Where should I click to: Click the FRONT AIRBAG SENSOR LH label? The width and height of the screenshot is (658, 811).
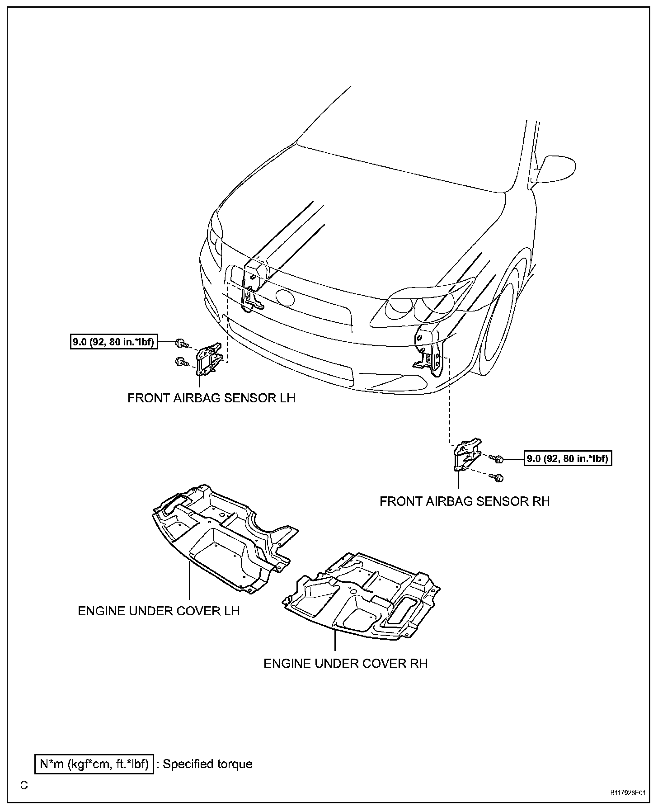click(211, 398)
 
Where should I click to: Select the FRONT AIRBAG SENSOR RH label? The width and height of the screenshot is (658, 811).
click(464, 501)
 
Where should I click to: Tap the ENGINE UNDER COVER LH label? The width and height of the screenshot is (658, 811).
click(159, 611)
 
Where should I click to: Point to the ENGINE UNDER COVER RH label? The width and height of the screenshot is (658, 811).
click(345, 663)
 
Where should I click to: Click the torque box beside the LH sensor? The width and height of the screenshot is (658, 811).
click(113, 342)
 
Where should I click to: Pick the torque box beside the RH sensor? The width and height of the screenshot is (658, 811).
click(568, 459)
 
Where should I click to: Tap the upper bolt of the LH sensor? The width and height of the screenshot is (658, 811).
click(182, 344)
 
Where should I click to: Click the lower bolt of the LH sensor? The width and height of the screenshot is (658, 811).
click(181, 361)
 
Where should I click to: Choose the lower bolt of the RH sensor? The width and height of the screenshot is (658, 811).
click(498, 477)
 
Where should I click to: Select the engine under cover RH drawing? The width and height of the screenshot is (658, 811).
click(362, 597)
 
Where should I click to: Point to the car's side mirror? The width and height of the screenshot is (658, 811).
click(555, 170)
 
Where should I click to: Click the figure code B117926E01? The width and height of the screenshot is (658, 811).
click(627, 793)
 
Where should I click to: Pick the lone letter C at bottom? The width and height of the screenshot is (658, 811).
click(24, 785)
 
